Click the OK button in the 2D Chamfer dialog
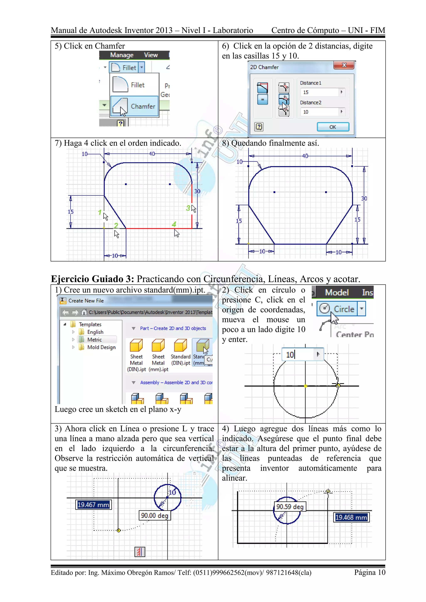click(333, 127)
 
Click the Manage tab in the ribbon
click(122, 55)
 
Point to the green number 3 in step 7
click(188, 208)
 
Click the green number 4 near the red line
click(174, 224)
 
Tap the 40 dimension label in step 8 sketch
click(305, 156)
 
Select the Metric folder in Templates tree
click(94, 339)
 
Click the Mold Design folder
click(101, 347)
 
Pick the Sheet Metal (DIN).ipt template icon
click(136, 345)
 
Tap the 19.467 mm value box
click(93, 505)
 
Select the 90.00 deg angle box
click(155, 516)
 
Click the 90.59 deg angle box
click(290, 507)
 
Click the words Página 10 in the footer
click(370, 572)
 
